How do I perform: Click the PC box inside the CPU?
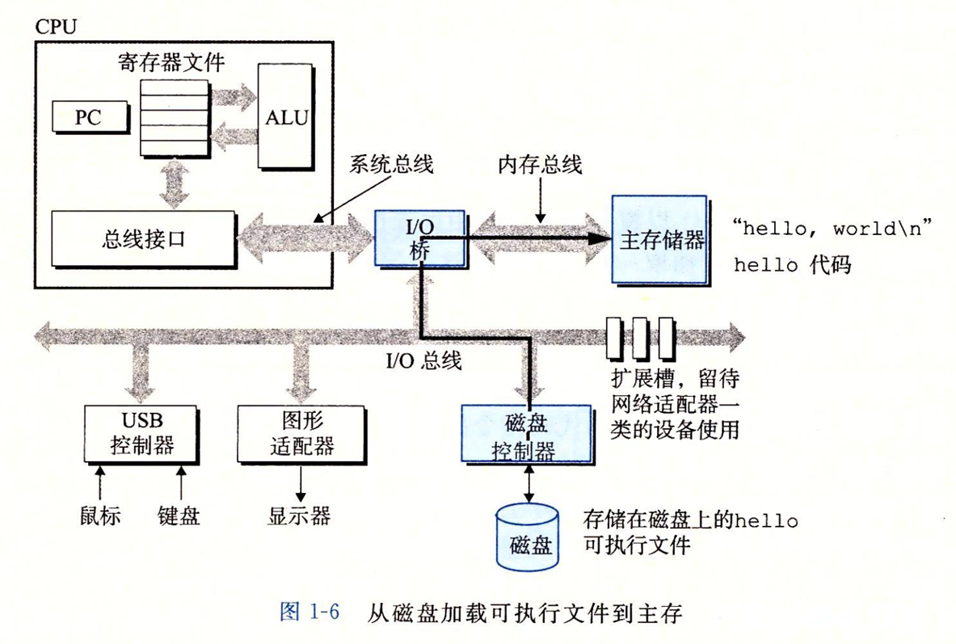88,117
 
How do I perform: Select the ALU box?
286,118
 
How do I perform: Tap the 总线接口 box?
143,239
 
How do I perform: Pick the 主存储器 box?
659,239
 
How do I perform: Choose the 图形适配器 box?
298,434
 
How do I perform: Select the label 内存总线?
540,166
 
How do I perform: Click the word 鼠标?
100,515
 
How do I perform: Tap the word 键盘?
179,515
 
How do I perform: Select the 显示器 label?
299,516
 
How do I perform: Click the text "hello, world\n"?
832,228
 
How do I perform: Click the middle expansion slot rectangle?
641,338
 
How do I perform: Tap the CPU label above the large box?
56,26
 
